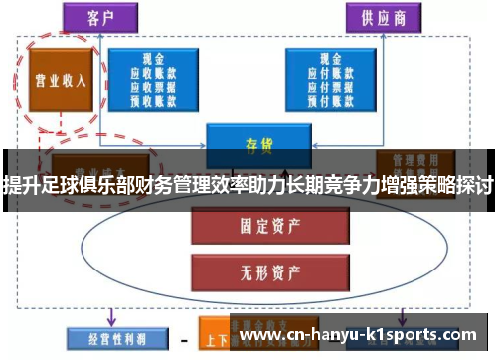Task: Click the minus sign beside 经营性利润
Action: point(183,339)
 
